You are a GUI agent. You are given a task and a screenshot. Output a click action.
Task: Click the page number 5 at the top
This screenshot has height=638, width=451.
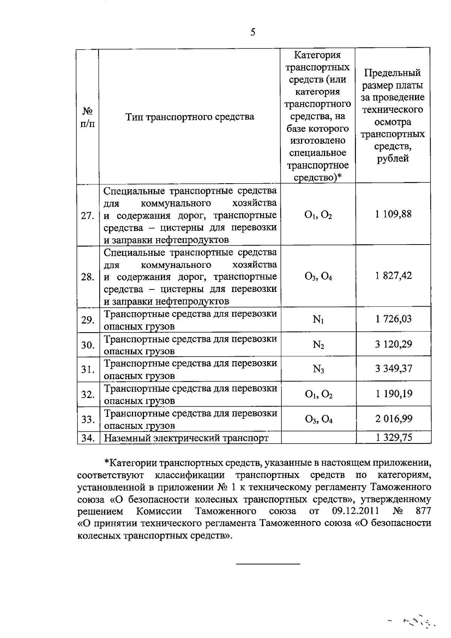253,32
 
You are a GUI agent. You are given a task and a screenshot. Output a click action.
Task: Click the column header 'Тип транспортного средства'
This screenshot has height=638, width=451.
190,117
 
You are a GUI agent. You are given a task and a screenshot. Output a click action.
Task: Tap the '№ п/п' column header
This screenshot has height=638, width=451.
87,117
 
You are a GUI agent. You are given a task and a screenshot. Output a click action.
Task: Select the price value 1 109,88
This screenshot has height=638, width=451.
393,214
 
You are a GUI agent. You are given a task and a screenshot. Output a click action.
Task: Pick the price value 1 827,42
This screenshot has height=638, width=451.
393,276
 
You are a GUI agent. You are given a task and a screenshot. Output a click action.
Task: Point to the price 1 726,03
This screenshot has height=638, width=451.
393,319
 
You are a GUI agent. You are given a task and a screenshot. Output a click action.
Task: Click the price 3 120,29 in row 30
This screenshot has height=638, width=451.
393,344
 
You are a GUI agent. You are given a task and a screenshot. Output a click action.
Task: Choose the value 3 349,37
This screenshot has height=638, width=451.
393,369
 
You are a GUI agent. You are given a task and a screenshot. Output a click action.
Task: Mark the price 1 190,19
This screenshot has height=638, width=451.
393,394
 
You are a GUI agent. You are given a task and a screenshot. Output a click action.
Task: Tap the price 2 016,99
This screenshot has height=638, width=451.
393,418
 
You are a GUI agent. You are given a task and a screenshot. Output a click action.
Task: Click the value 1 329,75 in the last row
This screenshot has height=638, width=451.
393,437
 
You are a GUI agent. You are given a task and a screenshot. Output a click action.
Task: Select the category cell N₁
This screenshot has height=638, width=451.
318,320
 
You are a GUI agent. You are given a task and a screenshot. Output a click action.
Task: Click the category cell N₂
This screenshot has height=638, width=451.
318,345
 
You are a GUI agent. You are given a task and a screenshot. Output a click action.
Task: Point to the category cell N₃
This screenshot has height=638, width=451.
318,369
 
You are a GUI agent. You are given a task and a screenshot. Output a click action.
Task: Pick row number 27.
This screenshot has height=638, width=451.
87,216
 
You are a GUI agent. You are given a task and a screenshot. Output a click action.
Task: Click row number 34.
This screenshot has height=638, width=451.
87,438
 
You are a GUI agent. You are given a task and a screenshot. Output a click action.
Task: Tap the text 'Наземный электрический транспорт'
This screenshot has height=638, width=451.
186,438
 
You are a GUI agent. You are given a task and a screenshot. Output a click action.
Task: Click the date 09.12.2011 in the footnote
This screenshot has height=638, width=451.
355,511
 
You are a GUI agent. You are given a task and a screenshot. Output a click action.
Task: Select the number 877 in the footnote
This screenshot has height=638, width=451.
423,511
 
